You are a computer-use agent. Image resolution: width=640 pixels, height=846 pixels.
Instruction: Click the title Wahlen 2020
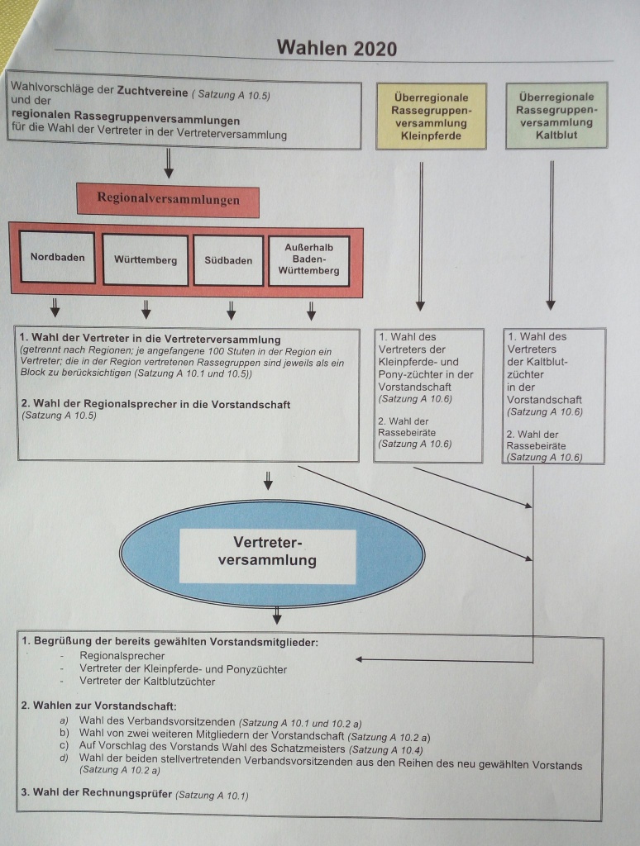(337, 47)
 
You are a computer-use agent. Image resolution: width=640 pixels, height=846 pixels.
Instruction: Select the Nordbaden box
(57, 258)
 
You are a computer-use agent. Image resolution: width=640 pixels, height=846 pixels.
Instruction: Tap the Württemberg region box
(146, 259)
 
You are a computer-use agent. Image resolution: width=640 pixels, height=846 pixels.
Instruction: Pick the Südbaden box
(228, 260)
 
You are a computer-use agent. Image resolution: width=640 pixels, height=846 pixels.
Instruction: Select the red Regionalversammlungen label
(168, 199)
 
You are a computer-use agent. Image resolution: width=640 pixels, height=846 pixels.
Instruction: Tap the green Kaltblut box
(556, 115)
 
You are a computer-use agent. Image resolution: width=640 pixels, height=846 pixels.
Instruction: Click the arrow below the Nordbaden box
(55, 310)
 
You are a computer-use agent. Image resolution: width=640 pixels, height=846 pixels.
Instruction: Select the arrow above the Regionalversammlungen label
(169, 164)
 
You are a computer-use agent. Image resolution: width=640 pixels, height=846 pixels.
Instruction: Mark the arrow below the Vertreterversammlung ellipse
(277, 615)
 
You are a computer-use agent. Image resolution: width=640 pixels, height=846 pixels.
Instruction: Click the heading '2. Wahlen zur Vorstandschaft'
(98, 706)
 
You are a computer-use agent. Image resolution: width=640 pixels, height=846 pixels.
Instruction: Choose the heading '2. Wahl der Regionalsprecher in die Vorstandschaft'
(156, 404)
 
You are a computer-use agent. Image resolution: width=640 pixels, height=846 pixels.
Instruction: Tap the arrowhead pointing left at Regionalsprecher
(361, 658)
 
